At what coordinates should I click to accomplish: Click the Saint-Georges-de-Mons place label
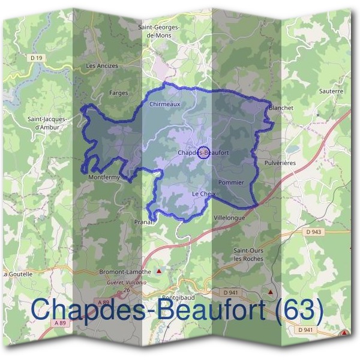161,31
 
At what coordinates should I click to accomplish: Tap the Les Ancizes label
102,65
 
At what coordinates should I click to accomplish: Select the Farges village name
119,93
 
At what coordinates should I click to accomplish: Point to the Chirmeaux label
164,104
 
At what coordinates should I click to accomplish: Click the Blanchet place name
281,107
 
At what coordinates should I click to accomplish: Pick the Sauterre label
331,91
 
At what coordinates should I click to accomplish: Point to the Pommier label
231,182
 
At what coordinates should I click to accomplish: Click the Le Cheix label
203,194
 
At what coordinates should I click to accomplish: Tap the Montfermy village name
104,178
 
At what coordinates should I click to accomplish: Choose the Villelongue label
229,218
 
